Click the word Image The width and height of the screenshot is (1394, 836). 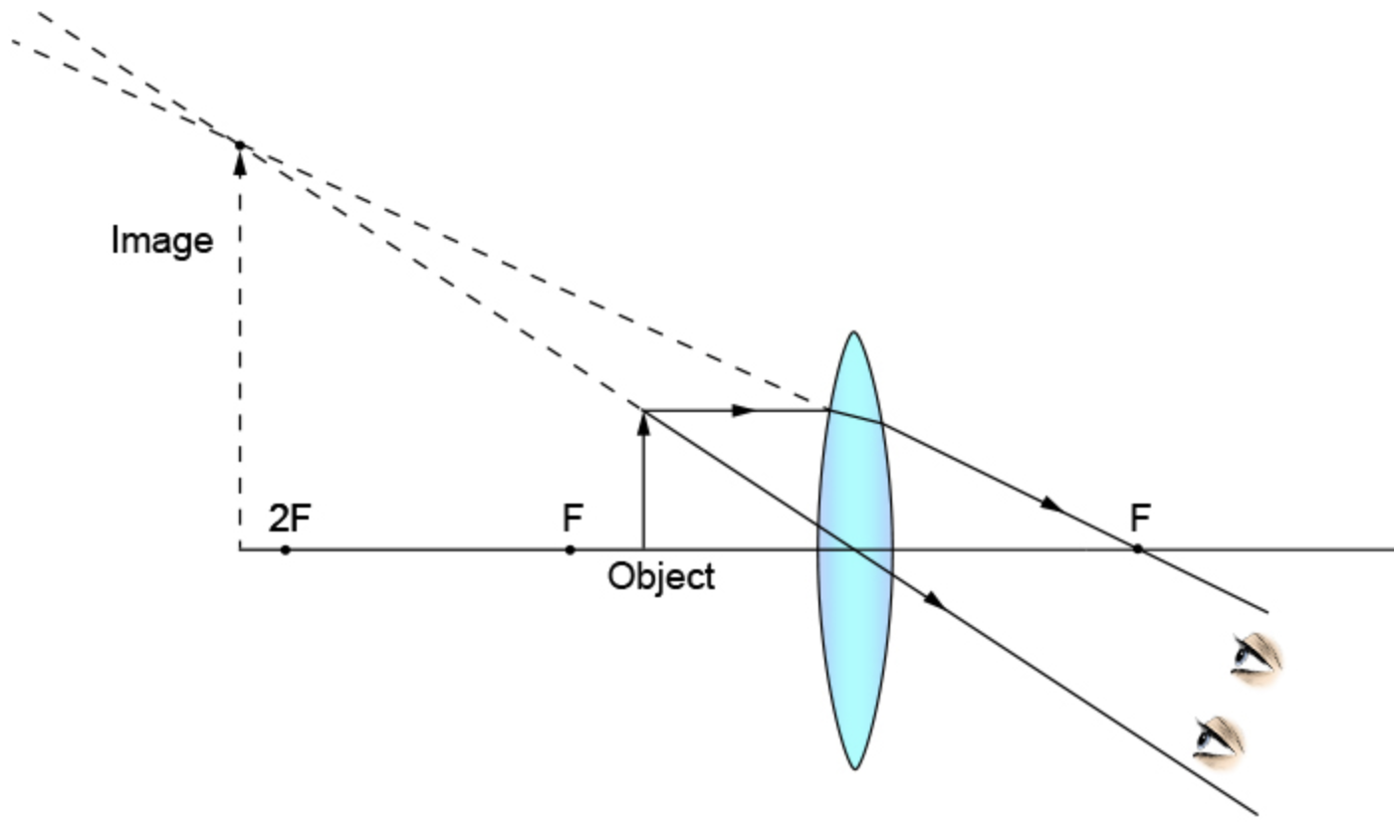point(161,241)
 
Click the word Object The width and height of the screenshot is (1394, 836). point(661,576)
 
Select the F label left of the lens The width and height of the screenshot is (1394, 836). point(573,518)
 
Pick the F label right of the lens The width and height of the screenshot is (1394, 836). point(1140,518)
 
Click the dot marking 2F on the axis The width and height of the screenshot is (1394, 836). point(285,549)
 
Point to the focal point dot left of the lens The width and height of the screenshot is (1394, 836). point(570,549)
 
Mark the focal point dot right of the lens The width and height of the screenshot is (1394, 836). point(1137,548)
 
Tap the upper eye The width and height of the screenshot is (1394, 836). point(1255,657)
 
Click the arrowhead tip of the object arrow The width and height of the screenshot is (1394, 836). point(643,415)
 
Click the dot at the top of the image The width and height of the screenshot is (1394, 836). point(239,145)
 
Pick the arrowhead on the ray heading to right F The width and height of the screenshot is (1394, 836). point(1052,506)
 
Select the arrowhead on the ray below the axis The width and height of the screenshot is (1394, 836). point(934,600)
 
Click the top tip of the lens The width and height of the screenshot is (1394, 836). point(854,332)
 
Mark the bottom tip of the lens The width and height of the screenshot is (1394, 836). point(854,768)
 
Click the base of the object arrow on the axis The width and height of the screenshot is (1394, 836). point(643,549)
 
